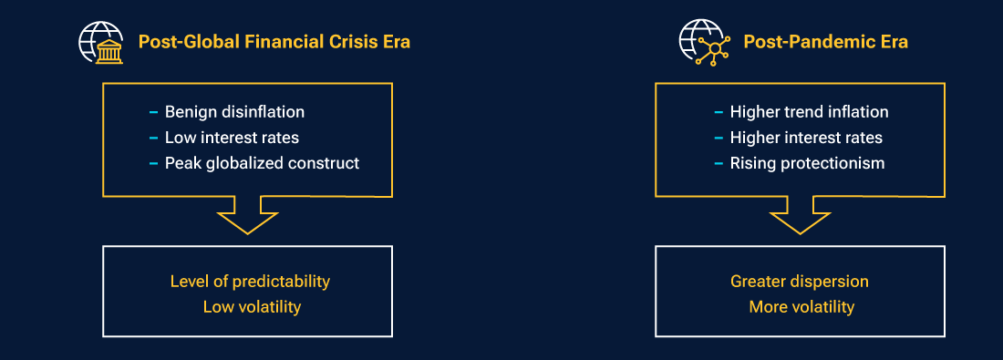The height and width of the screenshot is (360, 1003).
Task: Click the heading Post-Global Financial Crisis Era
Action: pyautogui.click(x=274, y=42)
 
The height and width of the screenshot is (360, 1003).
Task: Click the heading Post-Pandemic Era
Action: pyautogui.click(x=825, y=42)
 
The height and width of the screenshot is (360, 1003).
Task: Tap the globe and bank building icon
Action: pyautogui.click(x=101, y=42)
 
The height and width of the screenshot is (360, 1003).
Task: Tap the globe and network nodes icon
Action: pyautogui.click(x=702, y=42)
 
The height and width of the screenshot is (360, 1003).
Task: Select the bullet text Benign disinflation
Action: pyautogui.click(x=234, y=112)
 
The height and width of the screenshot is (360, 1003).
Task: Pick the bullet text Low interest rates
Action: pyautogui.click(x=232, y=138)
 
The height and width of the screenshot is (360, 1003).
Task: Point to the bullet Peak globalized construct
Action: pyautogui.click(x=262, y=163)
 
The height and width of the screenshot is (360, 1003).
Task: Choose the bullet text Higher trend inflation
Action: pyautogui.click(x=809, y=112)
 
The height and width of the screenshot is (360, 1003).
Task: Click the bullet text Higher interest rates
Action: pyautogui.click(x=806, y=138)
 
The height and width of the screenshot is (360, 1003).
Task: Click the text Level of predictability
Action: pyautogui.click(x=250, y=281)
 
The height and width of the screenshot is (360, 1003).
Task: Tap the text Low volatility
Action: pyautogui.click(x=252, y=306)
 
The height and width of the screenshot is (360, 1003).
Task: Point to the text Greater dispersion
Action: pyautogui.click(x=800, y=281)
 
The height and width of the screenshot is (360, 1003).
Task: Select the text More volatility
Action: pyautogui.click(x=801, y=306)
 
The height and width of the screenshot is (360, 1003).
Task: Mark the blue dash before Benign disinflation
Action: pyautogui.click(x=153, y=113)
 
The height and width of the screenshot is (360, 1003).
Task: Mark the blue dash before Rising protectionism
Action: pyautogui.click(x=719, y=164)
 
